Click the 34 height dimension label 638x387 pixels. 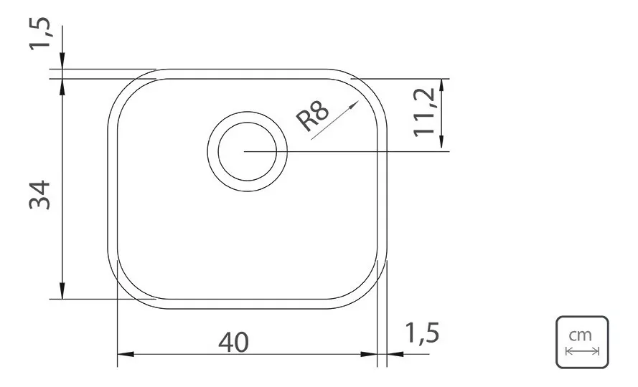click(x=40, y=195)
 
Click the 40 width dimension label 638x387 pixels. click(x=233, y=343)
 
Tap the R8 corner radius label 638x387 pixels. click(x=312, y=116)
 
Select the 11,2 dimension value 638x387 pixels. click(x=424, y=113)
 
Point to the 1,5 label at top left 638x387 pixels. click(x=40, y=34)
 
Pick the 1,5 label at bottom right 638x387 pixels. click(x=423, y=333)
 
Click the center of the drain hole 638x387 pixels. click(x=248, y=151)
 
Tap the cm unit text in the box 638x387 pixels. click(x=580, y=336)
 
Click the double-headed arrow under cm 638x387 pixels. click(x=582, y=351)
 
